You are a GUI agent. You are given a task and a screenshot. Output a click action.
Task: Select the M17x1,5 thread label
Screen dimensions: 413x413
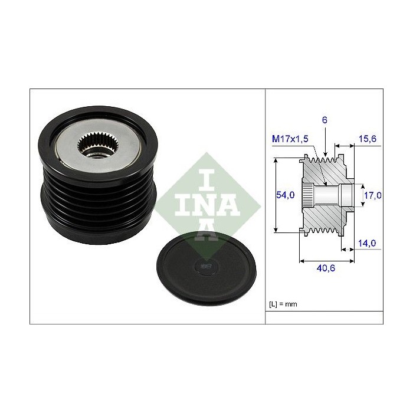(x=290, y=139)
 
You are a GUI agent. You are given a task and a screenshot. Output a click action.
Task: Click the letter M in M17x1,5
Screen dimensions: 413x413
(x=276, y=139)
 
